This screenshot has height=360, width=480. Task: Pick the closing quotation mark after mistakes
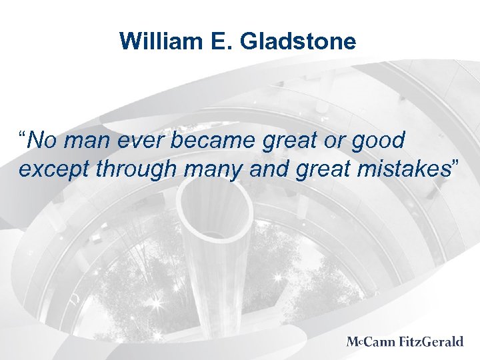click(x=455, y=163)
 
